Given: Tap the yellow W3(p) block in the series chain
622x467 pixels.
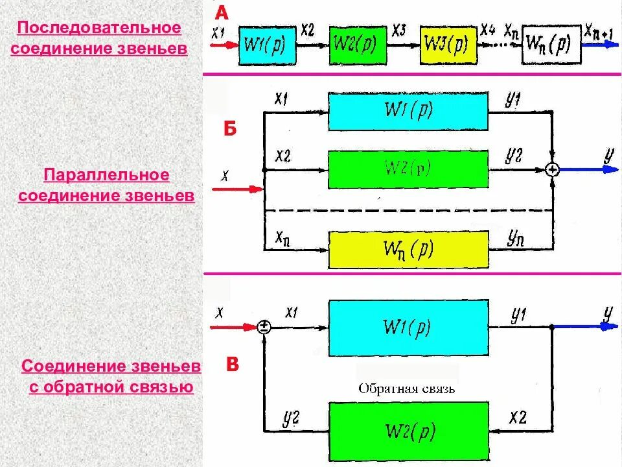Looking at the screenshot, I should tap(447, 45).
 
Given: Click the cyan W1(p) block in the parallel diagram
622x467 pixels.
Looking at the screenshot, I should tap(408, 111).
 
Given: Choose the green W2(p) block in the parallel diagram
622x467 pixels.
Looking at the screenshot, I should tap(408, 169).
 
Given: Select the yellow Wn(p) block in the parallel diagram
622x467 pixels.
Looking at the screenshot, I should tap(408, 249).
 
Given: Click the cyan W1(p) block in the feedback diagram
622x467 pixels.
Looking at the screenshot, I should tap(408, 327).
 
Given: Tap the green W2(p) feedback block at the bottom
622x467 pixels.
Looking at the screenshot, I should tap(408, 431).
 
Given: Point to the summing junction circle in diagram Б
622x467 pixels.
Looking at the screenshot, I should tap(552, 169).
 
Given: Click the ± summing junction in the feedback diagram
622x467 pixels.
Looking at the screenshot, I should tap(264, 327).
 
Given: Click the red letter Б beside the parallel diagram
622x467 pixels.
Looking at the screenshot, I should tap(231, 128).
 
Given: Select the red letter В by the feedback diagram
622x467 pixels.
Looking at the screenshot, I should tap(232, 365).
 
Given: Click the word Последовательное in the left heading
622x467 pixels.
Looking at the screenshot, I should tap(98, 29).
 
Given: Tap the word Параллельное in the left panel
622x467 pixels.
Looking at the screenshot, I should tap(106, 175).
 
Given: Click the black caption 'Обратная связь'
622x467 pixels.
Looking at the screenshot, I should tap(406, 389).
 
